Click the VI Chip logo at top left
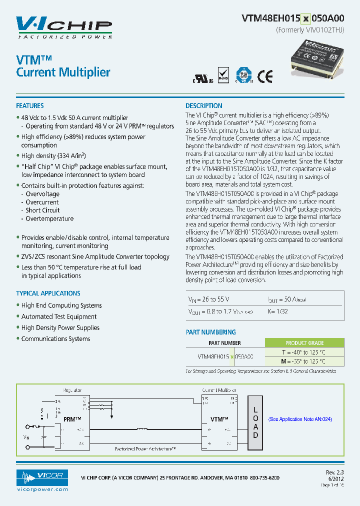[x=64, y=27]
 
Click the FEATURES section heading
[x=30, y=106]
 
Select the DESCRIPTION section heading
[x=204, y=106]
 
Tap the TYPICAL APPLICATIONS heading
[x=48, y=293]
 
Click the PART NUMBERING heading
[x=211, y=332]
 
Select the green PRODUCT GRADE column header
[x=304, y=343]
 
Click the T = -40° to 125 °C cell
[x=304, y=352]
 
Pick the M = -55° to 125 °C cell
[x=304, y=361]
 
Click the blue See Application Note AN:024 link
[x=300, y=419]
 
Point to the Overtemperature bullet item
[x=49, y=218]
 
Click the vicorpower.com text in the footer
[x=41, y=489]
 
